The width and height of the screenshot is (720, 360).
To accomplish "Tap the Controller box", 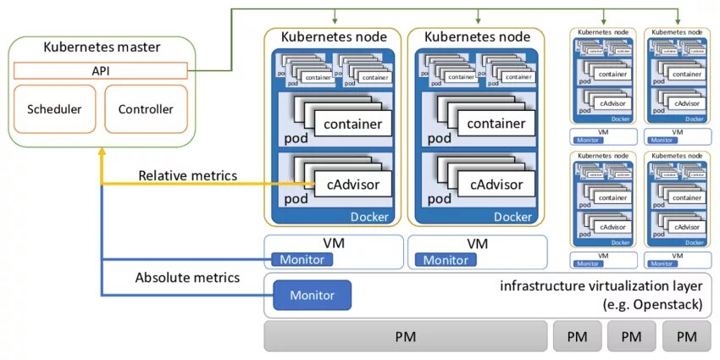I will coord(146,109).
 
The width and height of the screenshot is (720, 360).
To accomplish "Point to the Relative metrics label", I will coord(188,175).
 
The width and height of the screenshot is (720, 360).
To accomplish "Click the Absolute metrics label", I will coord(187,277).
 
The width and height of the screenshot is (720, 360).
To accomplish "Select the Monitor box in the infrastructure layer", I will coord(312,295).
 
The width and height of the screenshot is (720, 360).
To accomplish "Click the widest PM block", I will coord(405,336).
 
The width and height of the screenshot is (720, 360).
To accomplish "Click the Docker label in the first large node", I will coord(369,217).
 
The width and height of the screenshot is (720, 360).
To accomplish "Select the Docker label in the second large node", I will coord(513,217).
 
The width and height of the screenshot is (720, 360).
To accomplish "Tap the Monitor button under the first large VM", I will coord(303,259).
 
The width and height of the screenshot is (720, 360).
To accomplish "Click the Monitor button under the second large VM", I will coord(446,259).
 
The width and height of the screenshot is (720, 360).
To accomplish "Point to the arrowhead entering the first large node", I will coord(336,20).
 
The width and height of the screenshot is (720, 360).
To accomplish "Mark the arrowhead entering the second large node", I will coord(479,20).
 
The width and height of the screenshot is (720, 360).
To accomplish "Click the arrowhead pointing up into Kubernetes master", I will coord(102,150).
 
